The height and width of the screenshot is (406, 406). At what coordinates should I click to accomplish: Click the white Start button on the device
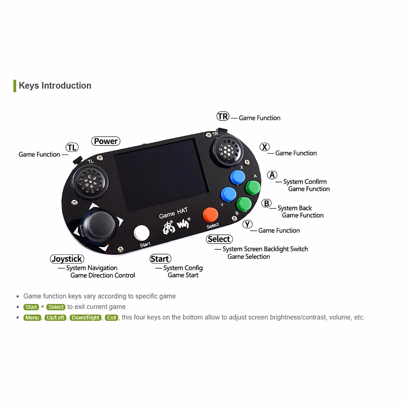coord(142,233)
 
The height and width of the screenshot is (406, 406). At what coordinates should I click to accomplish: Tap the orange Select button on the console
coord(210,215)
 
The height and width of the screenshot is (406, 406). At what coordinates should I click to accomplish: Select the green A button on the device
coord(252,187)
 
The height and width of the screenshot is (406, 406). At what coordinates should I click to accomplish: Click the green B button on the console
coord(244,204)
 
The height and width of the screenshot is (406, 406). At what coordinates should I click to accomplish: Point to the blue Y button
coord(228,195)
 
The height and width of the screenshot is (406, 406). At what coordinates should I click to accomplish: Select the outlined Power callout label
coord(106,141)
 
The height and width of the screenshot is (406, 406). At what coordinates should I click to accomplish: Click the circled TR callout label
coord(223,116)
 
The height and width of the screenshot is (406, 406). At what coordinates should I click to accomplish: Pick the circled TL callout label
coord(72,148)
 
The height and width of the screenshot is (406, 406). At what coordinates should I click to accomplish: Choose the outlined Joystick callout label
coord(67,259)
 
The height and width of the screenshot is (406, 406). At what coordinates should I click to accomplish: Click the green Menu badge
coord(32,318)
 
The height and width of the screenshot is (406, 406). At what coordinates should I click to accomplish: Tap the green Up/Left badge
coord(55,318)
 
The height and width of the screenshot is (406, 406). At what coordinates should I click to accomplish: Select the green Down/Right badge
coord(86,318)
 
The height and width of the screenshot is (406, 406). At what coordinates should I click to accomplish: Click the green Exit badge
coord(112,318)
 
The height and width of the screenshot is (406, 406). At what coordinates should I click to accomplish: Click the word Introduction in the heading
coord(66,86)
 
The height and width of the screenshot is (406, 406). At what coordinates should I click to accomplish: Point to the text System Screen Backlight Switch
coord(265,249)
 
